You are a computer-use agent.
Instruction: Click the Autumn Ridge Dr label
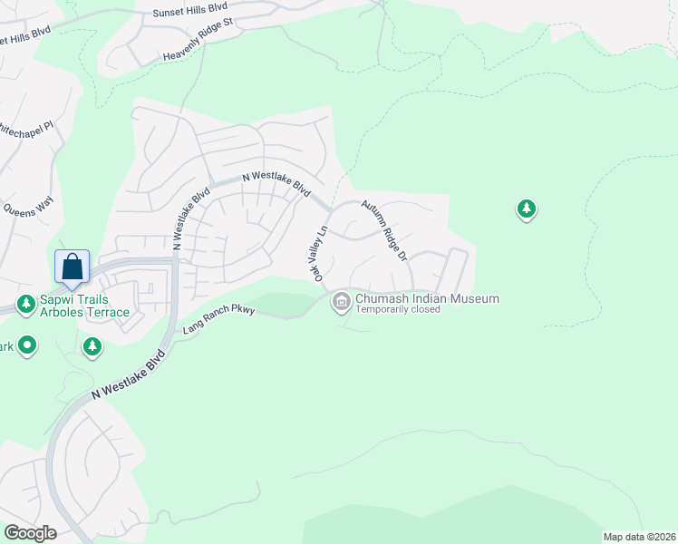point(384,231)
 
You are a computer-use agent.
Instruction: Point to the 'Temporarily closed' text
point(398,309)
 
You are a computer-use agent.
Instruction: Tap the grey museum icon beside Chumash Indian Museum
point(342,301)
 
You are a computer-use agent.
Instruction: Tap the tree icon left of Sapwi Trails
point(25,303)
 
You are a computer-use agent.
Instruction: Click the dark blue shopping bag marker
point(72,267)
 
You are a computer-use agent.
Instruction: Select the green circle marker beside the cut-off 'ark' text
point(28,345)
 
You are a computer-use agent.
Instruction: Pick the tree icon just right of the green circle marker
point(92,346)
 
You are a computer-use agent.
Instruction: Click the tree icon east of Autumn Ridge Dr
point(526,210)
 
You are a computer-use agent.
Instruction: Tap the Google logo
point(30,533)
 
